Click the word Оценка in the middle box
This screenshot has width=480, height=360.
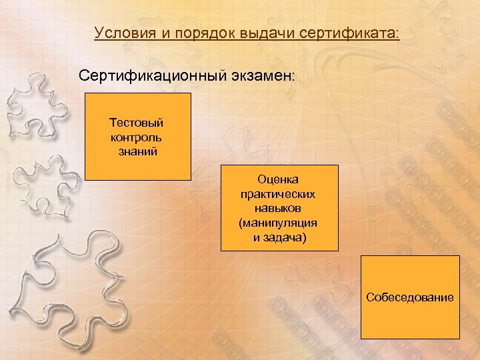tap(279, 179)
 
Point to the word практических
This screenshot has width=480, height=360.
tap(279, 194)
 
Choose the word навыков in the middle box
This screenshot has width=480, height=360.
tap(279, 208)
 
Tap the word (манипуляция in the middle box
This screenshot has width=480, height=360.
tap(279, 223)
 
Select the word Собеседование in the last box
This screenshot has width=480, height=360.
tap(409, 297)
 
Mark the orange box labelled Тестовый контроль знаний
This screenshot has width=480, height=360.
tap(138, 167)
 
